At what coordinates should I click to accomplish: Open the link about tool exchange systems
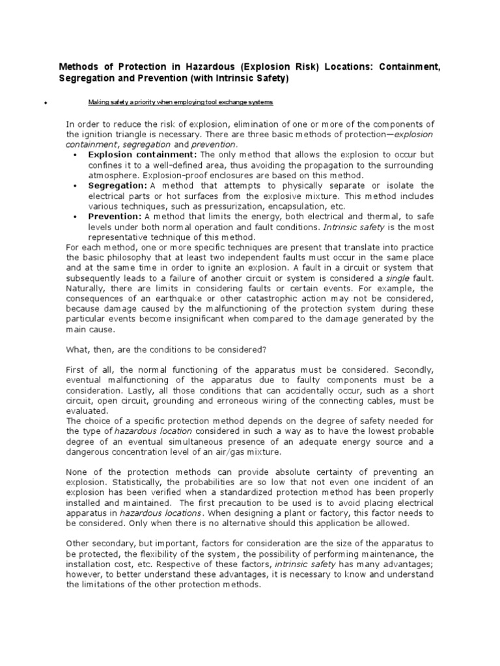coord(180,103)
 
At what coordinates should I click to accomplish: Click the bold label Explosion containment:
coord(143,155)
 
